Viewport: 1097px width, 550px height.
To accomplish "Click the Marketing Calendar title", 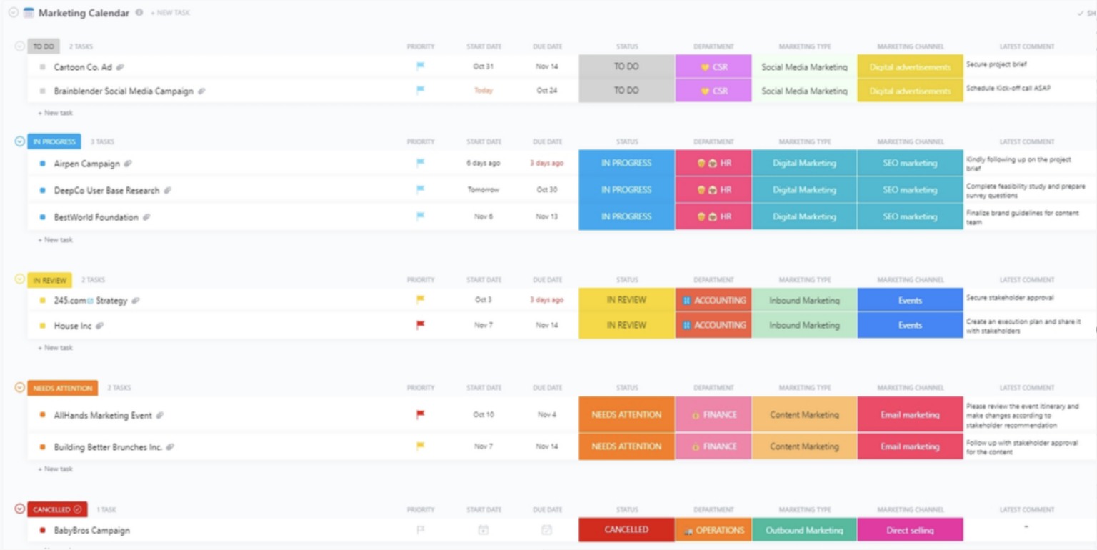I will (84, 13).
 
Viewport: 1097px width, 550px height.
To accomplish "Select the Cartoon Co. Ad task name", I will (83, 67).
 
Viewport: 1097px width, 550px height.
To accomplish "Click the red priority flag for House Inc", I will (421, 325).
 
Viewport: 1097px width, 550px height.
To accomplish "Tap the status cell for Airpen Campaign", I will (626, 163).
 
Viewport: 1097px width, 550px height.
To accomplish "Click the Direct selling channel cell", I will (910, 530).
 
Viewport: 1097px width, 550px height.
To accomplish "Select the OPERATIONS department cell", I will (713, 530).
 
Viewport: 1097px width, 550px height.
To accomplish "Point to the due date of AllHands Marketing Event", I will (546, 414).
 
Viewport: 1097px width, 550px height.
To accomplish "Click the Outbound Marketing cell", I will (804, 530).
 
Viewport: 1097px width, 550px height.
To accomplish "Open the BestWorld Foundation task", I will (96, 217).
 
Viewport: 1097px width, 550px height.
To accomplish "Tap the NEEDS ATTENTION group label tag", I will (62, 388).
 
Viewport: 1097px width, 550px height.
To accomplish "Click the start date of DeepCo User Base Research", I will (484, 190).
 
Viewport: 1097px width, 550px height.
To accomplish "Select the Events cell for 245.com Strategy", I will (910, 300).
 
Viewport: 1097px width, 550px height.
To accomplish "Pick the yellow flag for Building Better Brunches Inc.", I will (421, 446).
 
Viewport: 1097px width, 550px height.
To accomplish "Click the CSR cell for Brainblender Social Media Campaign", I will (713, 91).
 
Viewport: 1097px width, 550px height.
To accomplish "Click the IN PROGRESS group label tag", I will (54, 141).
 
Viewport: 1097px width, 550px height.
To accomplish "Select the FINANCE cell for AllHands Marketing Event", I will (713, 414).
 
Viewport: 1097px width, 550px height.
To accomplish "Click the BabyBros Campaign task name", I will (91, 531).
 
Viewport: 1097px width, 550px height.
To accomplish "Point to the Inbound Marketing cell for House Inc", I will (804, 325).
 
